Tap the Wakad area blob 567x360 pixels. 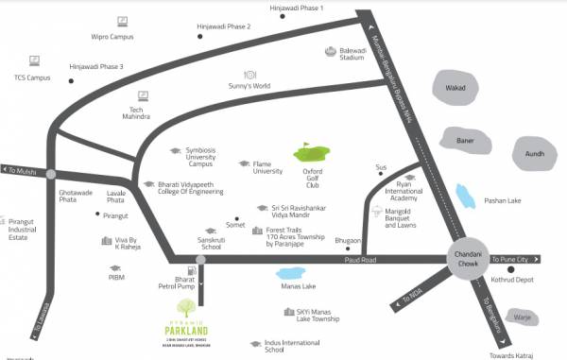tap(457, 89)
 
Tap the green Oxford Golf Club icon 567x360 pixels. tap(309, 151)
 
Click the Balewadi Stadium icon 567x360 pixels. tap(331, 52)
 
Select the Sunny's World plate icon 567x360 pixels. tap(250, 74)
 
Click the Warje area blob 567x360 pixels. tap(523, 316)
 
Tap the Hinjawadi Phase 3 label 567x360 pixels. tap(96, 66)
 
